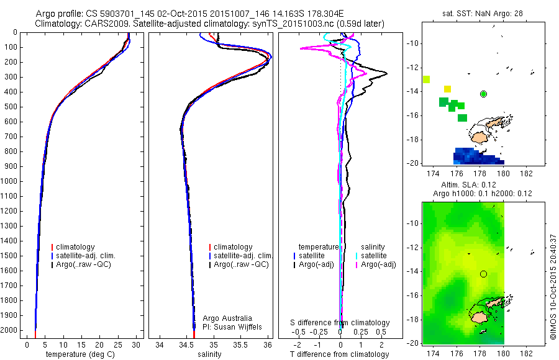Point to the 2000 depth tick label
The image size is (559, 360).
click(x=10, y=330)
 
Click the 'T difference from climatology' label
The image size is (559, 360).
click(x=340, y=354)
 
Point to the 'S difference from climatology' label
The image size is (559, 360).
click(x=340, y=323)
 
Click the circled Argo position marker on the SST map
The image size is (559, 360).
click(x=484, y=94)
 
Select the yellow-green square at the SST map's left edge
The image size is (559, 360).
click(x=427, y=79)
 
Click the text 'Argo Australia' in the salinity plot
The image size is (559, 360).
click(x=227, y=318)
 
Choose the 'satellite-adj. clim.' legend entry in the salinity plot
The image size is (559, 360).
click(x=243, y=256)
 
